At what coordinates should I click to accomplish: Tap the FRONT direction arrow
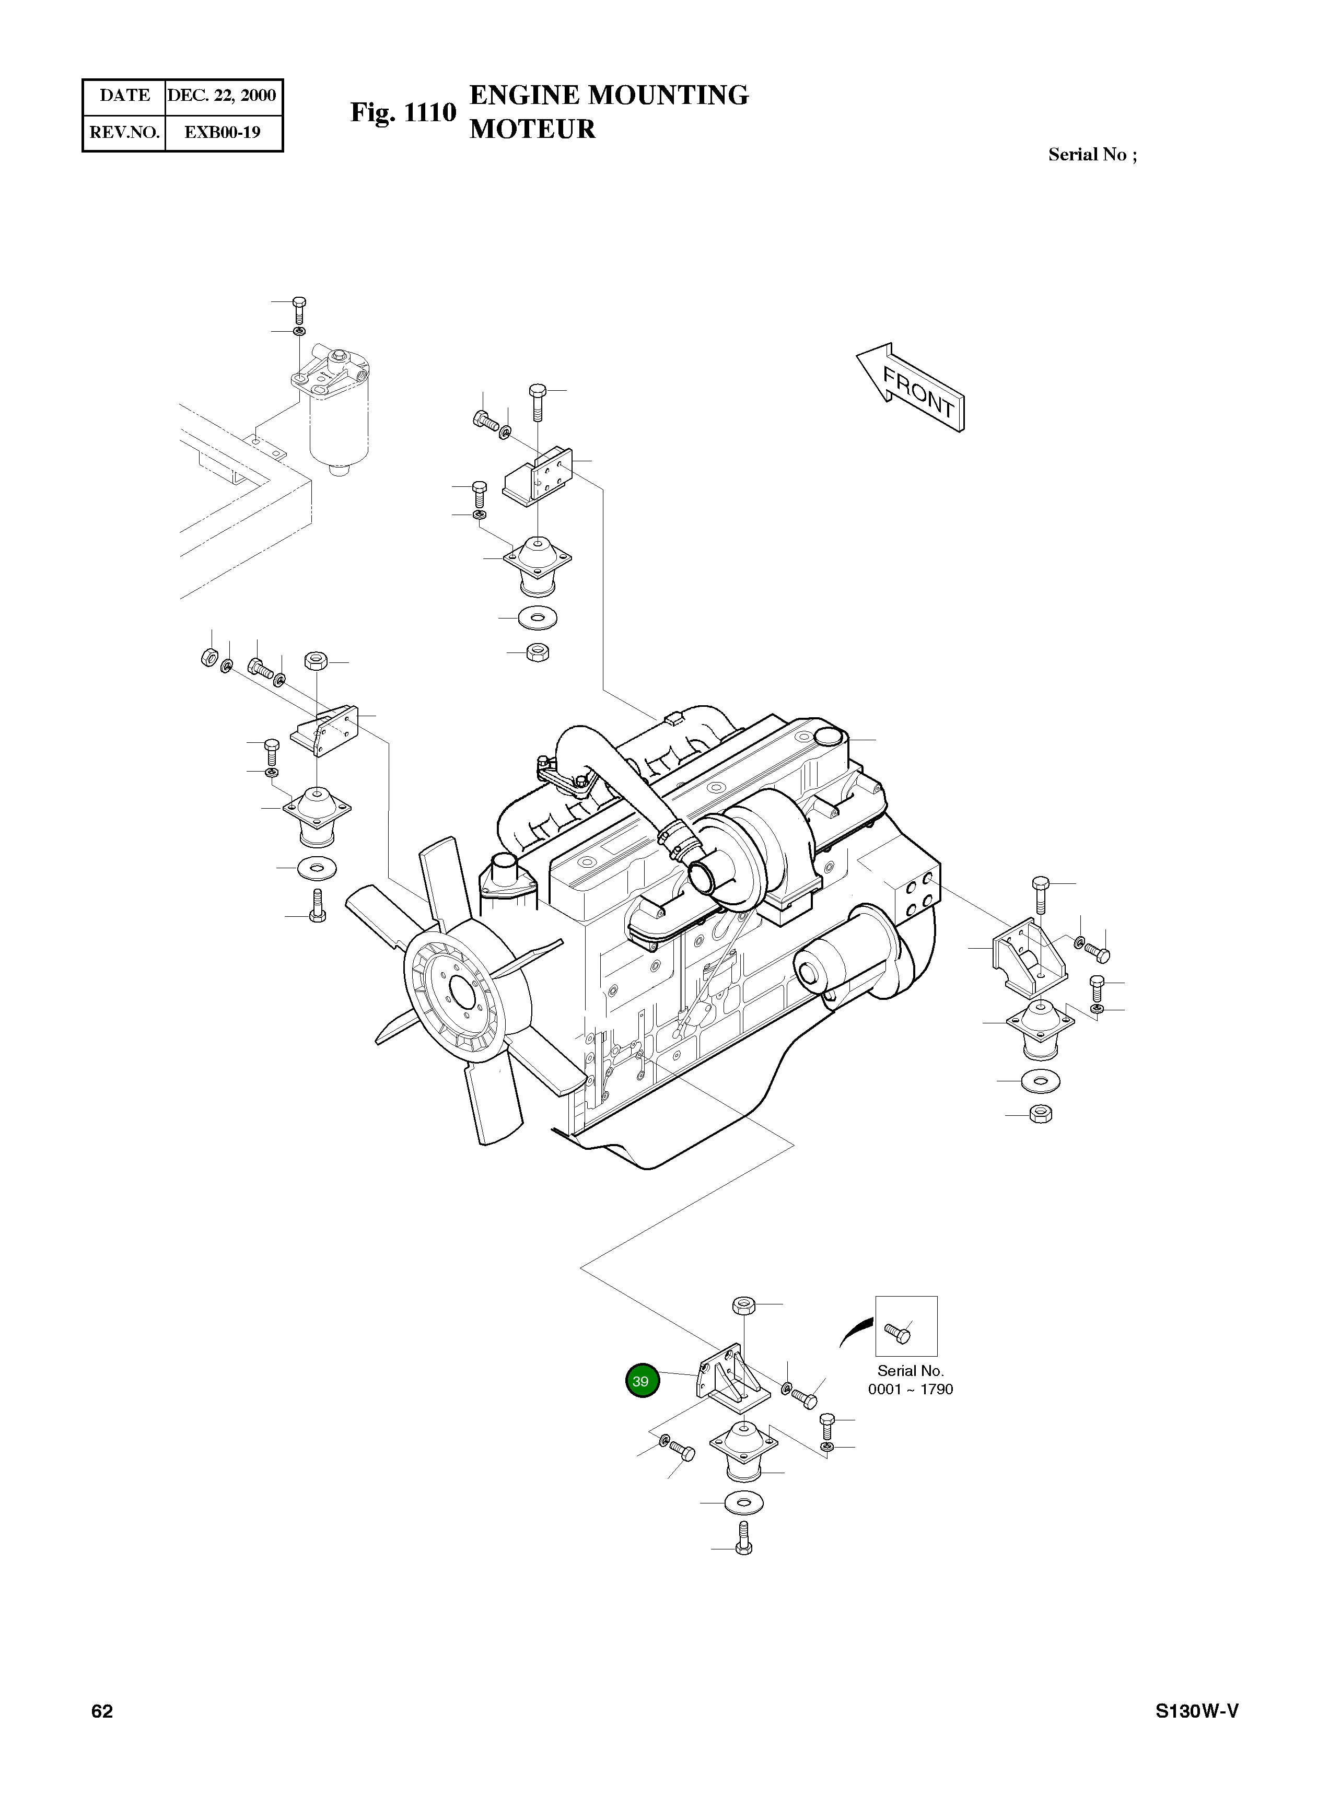coord(911,388)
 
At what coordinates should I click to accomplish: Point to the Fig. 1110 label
coord(403,112)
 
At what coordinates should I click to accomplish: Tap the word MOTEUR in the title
coord(532,129)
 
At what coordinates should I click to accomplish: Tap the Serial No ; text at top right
coord(1092,155)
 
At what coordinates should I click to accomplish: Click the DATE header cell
coord(124,96)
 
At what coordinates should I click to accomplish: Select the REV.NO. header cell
coord(124,132)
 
